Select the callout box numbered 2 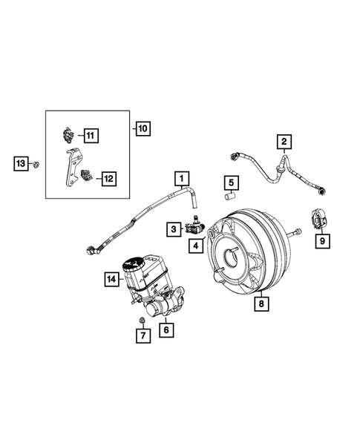[x=284, y=141]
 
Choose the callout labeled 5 [x=231, y=183]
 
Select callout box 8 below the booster [x=259, y=303]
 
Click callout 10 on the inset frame [x=141, y=129]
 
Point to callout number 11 [x=91, y=135]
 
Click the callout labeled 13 [x=21, y=162]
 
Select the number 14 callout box [x=111, y=278]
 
